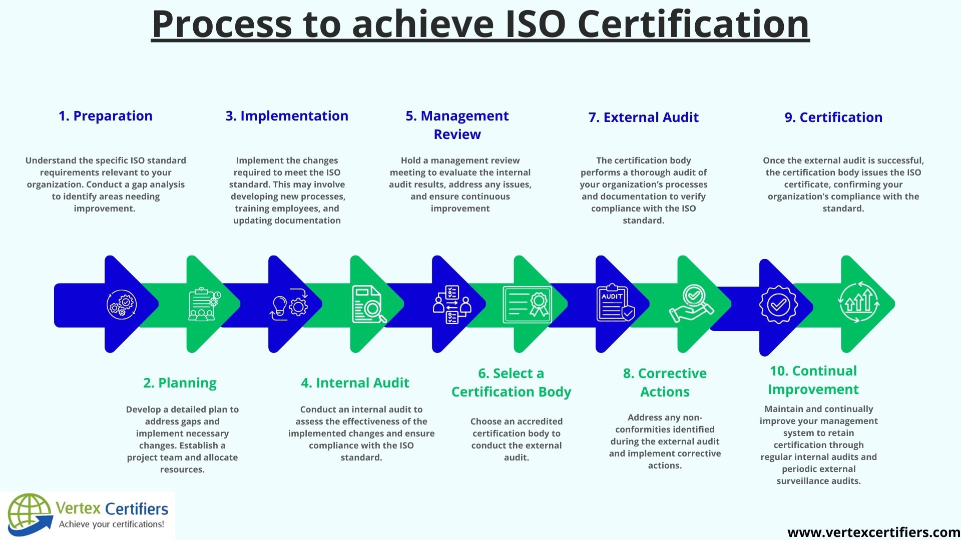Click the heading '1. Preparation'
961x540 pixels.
(x=106, y=116)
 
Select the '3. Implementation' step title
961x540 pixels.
(x=287, y=116)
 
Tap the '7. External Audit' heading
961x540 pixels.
(x=644, y=117)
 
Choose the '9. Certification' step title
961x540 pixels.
(x=833, y=117)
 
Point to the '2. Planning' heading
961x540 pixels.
(x=180, y=383)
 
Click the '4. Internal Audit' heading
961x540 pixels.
(x=355, y=383)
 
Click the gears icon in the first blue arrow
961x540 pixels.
(x=122, y=304)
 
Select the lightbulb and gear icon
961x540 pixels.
(x=289, y=304)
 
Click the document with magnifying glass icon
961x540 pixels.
(x=369, y=304)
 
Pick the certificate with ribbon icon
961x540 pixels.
(x=527, y=304)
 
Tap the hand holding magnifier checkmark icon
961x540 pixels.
(x=691, y=304)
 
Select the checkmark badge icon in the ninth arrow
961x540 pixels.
(x=778, y=304)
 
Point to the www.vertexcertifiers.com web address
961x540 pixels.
(x=874, y=532)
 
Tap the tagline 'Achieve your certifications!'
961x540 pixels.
(x=112, y=524)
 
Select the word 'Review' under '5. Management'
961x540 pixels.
(x=457, y=134)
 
